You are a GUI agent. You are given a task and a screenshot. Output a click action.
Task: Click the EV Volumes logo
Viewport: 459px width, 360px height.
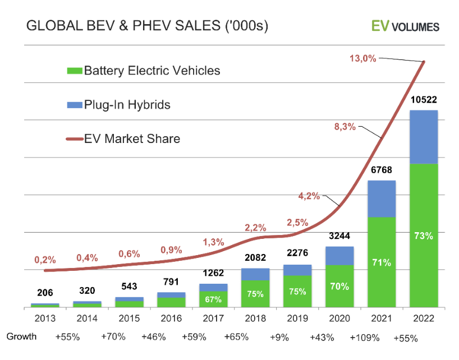(x=405, y=26)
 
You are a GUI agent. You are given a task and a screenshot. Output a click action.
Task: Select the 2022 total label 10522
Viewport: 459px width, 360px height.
(x=424, y=100)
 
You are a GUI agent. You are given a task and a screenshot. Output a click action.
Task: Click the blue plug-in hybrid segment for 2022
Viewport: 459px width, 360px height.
(x=424, y=136)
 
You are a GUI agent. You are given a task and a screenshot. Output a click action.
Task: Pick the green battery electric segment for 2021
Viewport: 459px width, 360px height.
(x=382, y=262)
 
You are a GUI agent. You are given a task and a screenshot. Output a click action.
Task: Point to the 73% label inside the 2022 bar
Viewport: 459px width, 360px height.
(x=424, y=236)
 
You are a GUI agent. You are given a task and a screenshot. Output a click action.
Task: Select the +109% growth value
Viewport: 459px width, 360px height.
(x=365, y=338)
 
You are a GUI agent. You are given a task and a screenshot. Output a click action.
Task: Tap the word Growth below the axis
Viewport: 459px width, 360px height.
(x=22, y=336)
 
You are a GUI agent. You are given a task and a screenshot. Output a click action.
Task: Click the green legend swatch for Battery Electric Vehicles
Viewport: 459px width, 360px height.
(x=74, y=71)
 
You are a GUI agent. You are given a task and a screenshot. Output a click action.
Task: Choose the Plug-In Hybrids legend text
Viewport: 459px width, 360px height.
(x=127, y=105)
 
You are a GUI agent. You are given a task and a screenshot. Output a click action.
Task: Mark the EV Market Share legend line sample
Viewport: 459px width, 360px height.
(x=74, y=139)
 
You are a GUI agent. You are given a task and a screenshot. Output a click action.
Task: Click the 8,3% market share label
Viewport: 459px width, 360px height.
(x=345, y=127)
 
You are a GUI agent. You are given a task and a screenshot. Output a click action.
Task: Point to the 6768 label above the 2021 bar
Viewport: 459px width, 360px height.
(x=382, y=170)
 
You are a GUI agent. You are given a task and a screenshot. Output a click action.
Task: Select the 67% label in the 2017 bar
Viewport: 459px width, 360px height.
(x=213, y=299)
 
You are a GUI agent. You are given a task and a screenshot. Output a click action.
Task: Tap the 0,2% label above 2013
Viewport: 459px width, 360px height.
(x=45, y=260)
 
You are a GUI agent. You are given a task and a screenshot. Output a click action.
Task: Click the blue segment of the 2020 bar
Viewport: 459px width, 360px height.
(x=339, y=256)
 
